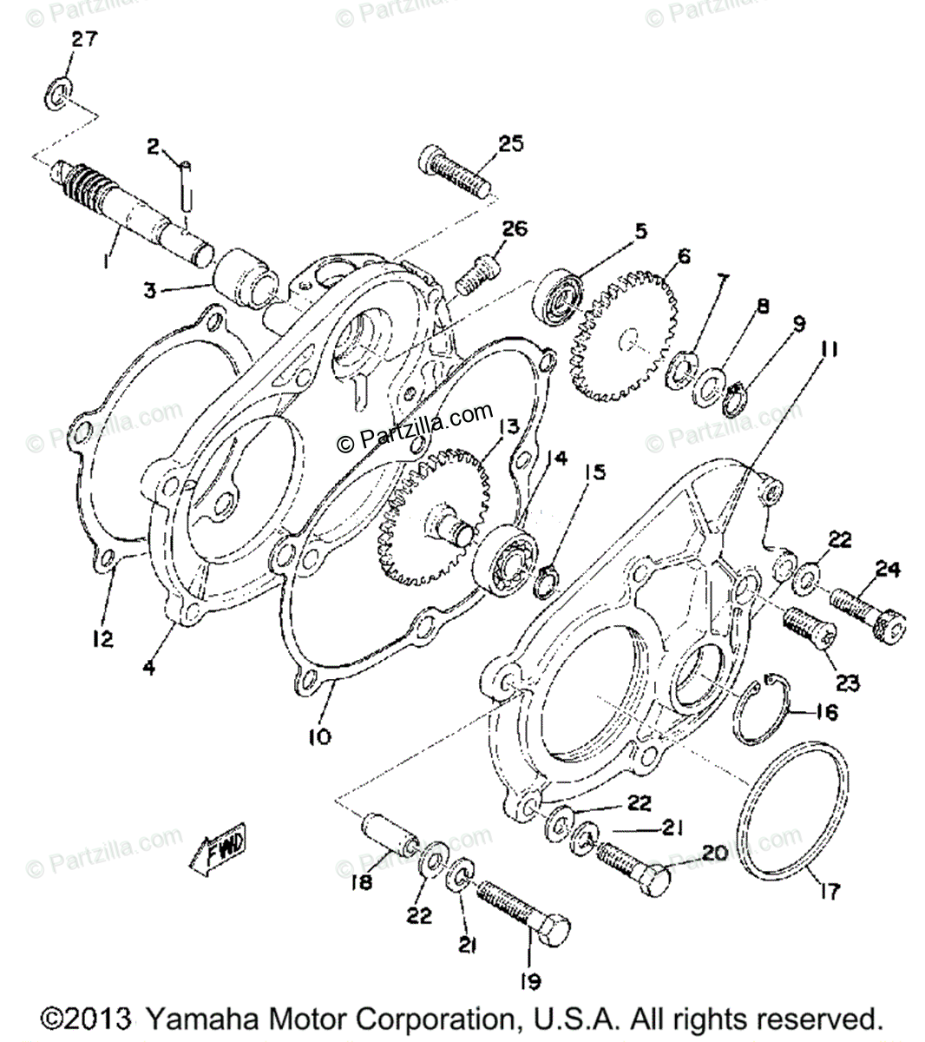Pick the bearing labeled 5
557,296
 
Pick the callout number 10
318,738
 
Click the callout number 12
102,640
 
